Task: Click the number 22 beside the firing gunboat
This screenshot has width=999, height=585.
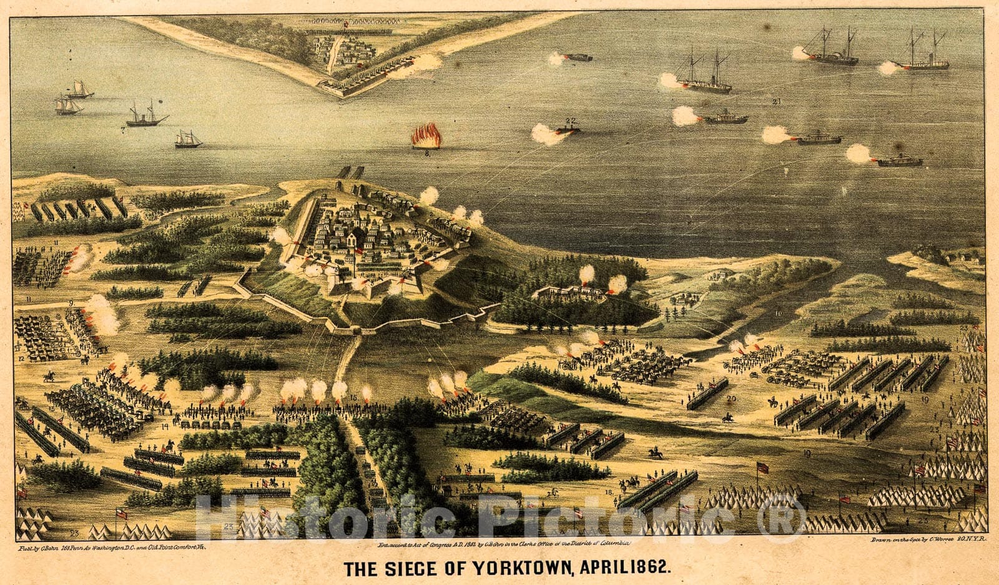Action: pos(570,120)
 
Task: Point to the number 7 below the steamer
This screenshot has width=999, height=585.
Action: pos(123,130)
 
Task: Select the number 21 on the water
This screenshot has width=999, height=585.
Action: pos(776,101)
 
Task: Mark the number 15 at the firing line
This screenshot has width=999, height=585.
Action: pos(353,397)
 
